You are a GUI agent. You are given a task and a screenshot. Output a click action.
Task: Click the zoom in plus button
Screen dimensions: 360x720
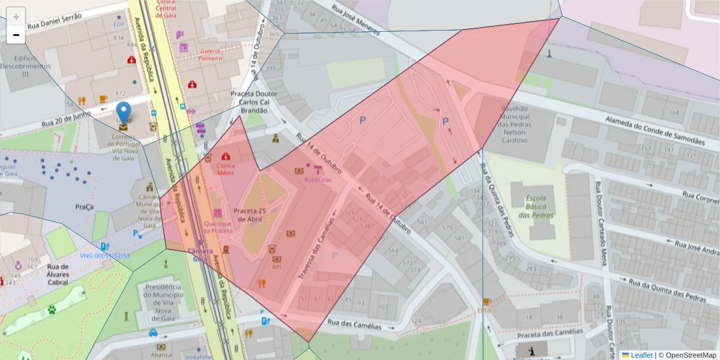click(16, 17)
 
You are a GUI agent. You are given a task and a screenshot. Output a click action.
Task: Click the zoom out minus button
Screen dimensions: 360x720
click(16, 35)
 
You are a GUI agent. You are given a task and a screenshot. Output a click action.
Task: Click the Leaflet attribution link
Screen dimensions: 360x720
click(641, 355)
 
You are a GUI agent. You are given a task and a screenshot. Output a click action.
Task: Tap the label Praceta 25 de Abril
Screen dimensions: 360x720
click(250, 215)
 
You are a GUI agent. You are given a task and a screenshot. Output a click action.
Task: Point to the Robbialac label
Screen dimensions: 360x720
click(318, 179)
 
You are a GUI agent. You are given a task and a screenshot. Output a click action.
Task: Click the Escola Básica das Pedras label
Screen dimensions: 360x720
click(539, 205)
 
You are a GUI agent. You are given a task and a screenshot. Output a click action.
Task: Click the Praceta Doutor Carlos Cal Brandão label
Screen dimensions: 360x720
click(254, 102)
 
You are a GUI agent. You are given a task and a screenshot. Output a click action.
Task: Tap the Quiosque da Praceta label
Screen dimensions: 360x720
click(218, 226)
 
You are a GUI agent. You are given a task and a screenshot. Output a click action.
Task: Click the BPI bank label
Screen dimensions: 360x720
click(277, 267)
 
